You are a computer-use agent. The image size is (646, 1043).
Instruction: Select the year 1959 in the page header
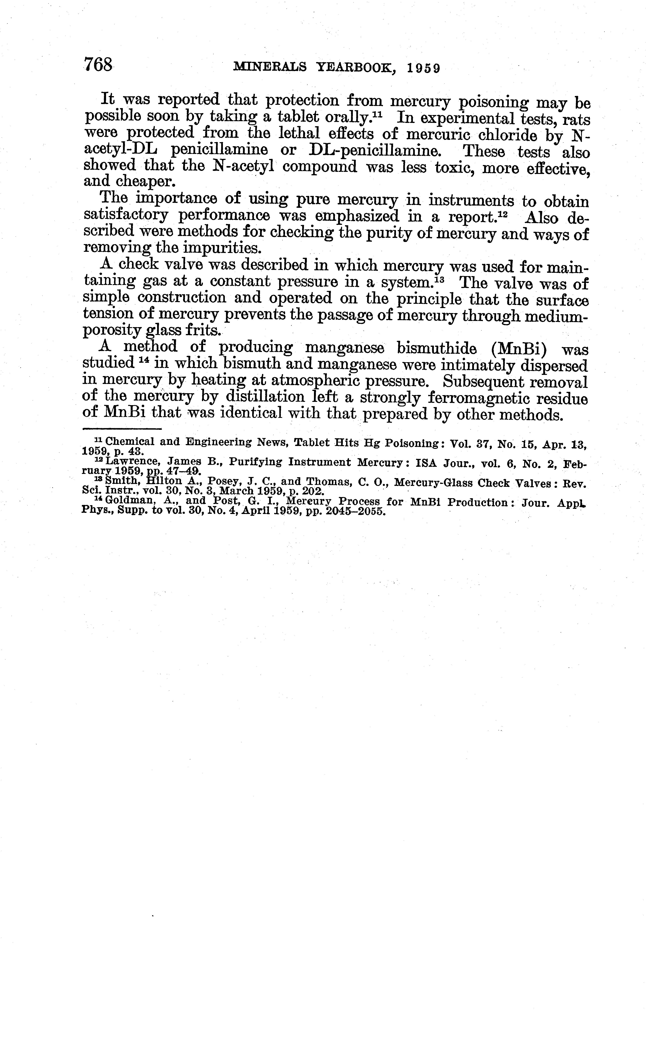(x=423, y=68)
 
